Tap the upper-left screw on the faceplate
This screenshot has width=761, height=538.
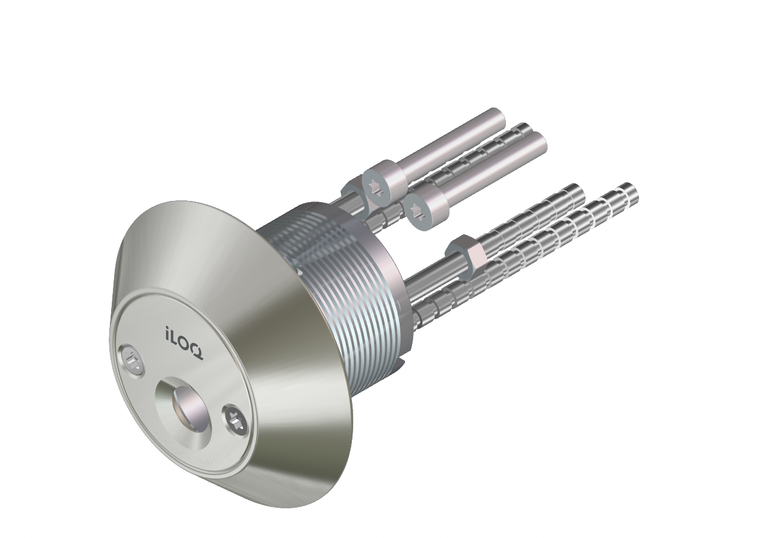tap(133, 360)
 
